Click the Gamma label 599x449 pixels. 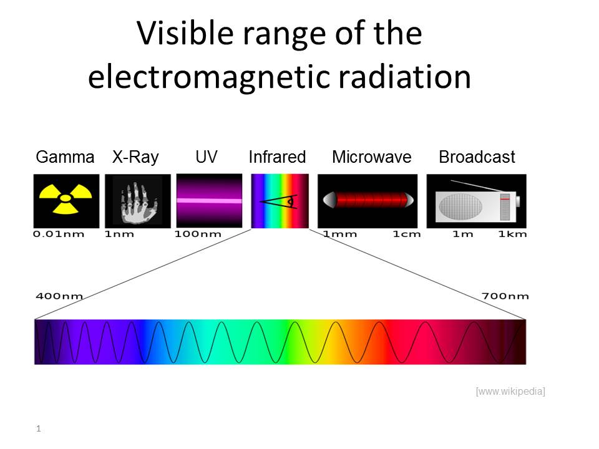(x=65, y=157)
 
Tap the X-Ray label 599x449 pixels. (x=135, y=157)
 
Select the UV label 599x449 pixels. (x=207, y=157)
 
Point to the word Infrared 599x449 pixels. (x=277, y=157)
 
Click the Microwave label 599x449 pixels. (x=372, y=157)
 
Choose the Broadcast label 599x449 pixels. (x=477, y=157)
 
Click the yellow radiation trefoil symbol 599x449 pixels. (x=66, y=198)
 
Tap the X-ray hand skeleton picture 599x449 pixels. (x=138, y=203)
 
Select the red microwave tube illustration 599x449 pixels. (x=368, y=200)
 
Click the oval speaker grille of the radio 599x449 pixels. (x=460, y=206)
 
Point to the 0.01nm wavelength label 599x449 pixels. (x=59, y=234)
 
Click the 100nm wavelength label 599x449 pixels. (x=198, y=234)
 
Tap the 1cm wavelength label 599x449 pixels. (x=407, y=234)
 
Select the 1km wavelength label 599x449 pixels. (x=513, y=234)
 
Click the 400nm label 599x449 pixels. (x=59, y=296)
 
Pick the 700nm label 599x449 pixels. (x=505, y=296)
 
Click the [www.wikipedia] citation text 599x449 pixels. (x=510, y=392)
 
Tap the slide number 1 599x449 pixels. (x=38, y=428)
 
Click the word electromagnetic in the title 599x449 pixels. (x=208, y=77)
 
